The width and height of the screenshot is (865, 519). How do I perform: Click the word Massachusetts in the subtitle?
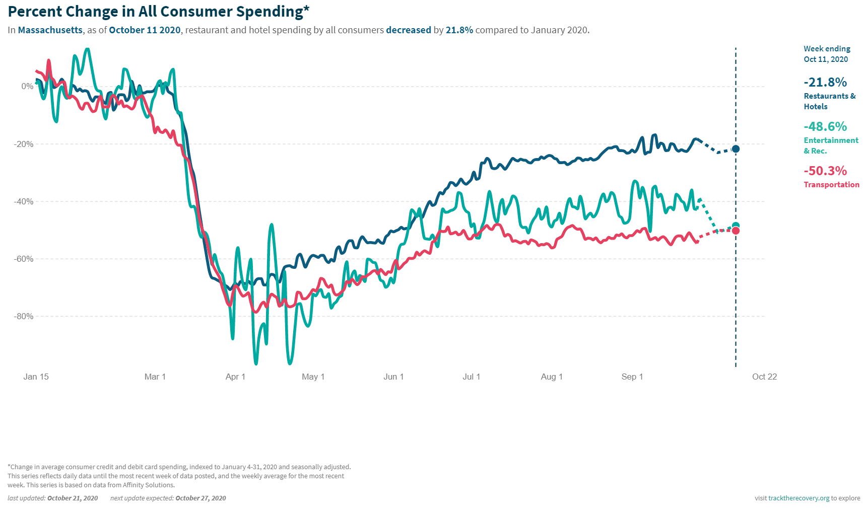50,30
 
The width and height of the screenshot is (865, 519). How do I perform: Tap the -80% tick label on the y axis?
24,317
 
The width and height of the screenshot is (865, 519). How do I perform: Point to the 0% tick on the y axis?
27,87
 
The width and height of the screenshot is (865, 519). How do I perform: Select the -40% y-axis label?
24,201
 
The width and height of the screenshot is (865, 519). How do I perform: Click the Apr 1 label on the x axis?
235,377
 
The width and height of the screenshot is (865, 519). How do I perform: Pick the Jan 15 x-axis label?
36,377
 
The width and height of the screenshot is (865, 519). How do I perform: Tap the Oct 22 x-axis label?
764,377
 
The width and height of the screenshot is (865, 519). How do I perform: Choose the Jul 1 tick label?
471,377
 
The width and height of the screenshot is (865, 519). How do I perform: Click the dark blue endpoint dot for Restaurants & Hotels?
736,149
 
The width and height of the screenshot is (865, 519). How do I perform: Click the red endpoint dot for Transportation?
736,231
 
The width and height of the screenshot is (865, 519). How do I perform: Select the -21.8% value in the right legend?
825,82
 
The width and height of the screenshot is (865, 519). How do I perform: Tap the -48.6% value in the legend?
825,126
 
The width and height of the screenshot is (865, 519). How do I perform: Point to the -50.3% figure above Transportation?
825,171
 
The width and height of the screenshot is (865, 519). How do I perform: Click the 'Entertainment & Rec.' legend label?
830,145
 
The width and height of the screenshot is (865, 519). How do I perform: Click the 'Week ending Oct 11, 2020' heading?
827,54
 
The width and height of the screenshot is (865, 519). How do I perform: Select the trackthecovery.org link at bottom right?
799,498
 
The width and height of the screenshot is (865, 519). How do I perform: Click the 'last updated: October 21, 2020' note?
52,498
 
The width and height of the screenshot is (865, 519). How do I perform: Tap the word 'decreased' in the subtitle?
408,30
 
